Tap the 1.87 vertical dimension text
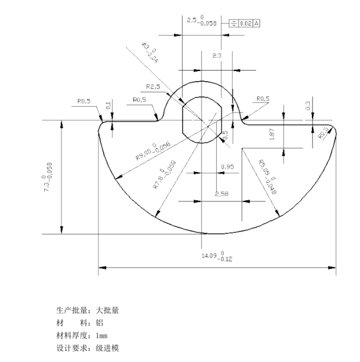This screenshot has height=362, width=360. [x=272, y=134]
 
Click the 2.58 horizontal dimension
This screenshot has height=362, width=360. [x=222, y=194]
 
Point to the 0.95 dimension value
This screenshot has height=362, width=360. [x=227, y=167]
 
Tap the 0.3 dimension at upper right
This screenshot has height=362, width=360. [x=308, y=105]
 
